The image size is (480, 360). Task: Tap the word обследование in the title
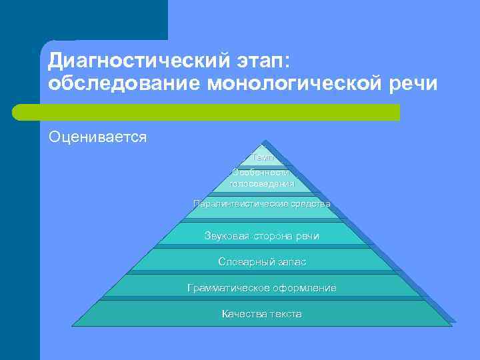point(125,85)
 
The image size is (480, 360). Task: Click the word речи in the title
point(414,85)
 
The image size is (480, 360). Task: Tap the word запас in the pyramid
point(291,262)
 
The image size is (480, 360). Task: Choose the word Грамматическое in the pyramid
point(229,288)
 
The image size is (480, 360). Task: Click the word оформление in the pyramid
point(304,288)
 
